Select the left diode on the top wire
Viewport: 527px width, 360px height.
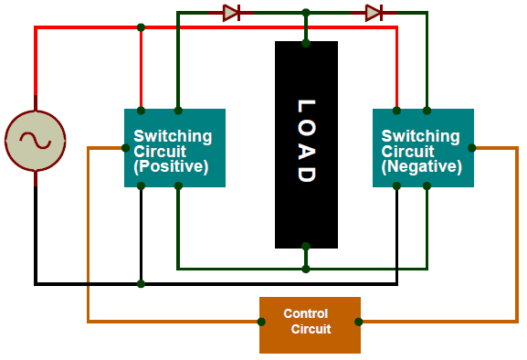point(230,13)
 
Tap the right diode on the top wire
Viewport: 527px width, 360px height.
point(373,13)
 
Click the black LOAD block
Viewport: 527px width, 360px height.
point(306,144)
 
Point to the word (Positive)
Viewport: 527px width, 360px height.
point(171,167)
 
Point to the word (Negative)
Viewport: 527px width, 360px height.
point(421,167)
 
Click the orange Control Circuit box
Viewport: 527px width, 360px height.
point(310,324)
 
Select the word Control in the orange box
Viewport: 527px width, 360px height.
point(305,313)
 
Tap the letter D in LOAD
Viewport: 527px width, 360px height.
point(306,173)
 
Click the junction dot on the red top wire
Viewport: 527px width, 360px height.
point(141,27)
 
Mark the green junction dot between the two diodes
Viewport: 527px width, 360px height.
point(306,13)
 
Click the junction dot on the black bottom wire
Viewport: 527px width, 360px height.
point(141,284)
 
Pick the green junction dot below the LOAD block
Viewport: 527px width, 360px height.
point(306,269)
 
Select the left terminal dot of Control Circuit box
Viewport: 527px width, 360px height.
point(261,322)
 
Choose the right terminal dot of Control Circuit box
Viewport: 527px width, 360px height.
point(359,322)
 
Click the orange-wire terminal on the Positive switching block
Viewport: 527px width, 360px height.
point(125,147)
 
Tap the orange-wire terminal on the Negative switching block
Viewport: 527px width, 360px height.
point(471,147)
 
